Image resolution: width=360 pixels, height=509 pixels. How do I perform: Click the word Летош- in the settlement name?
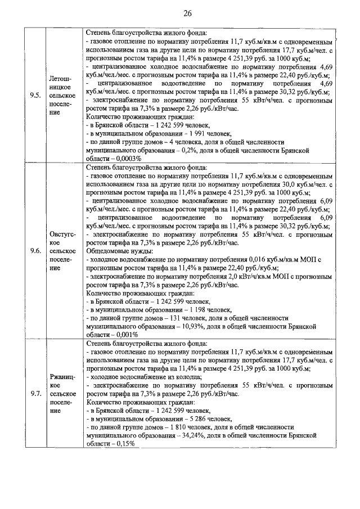click(x=60, y=79)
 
